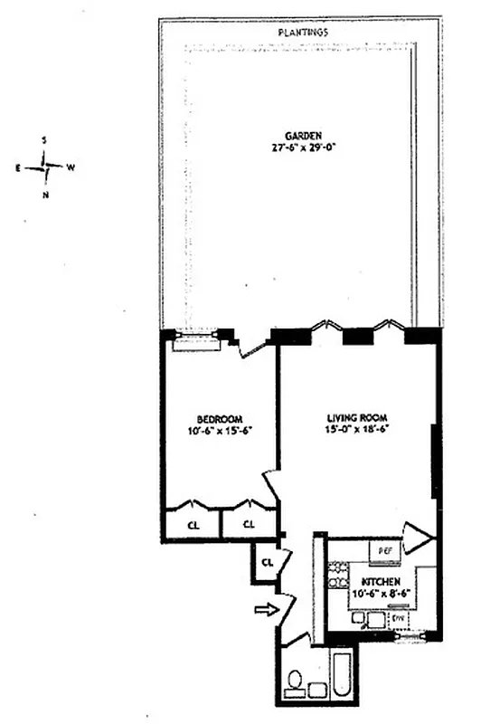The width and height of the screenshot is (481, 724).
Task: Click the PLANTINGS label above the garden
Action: point(302,32)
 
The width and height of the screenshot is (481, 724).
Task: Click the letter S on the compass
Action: point(46,141)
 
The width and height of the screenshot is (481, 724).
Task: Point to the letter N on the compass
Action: point(45,195)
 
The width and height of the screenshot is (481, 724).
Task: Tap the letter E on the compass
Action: point(18,168)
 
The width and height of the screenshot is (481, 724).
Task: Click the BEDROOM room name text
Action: point(220,418)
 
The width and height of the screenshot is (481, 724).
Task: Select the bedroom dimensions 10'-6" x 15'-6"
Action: point(220,431)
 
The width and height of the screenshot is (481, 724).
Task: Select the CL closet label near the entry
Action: point(268,562)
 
